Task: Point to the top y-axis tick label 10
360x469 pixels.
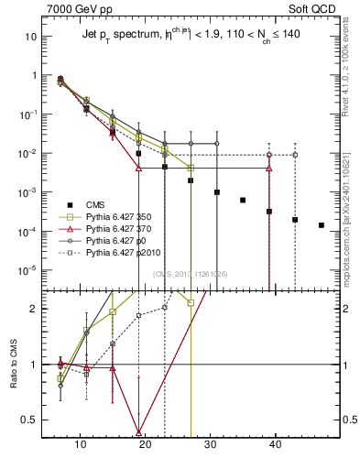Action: point(29,37)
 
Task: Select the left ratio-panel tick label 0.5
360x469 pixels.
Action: point(28,420)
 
